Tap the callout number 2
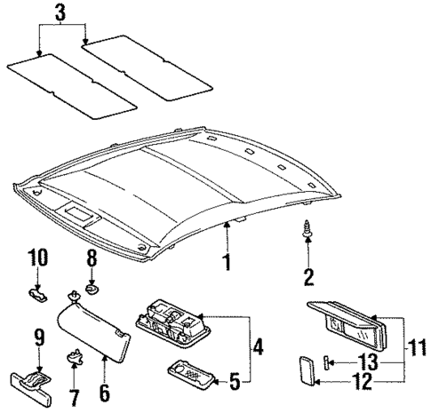308,276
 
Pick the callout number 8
91,258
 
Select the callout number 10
37,258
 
